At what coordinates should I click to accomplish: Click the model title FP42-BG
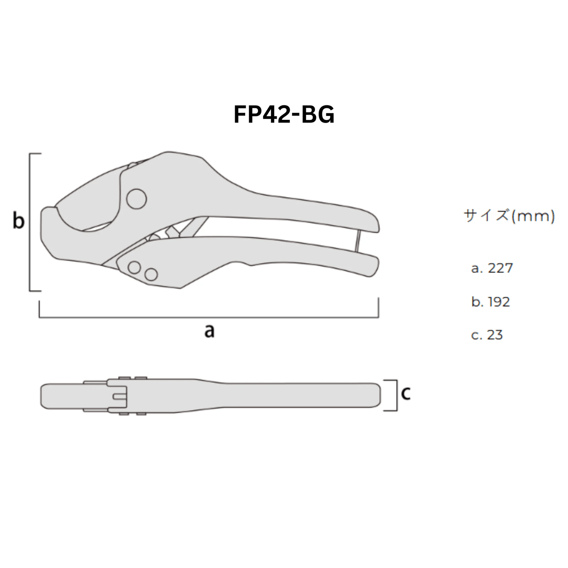coord(284,114)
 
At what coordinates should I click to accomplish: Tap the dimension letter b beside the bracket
coord(18,221)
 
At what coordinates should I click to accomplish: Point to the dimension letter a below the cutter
coord(210,331)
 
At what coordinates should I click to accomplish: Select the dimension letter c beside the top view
coord(406,393)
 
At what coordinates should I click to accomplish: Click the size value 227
coord(500,268)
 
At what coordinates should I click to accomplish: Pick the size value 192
coord(499,302)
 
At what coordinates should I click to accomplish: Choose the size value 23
coord(495,335)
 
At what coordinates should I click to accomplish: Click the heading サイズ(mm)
coord(509,216)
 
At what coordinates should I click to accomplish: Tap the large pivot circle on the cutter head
coord(136,199)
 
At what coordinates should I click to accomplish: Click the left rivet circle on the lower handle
coord(134,267)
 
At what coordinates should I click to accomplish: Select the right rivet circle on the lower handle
coord(151,274)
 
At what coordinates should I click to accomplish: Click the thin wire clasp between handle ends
coord(358,241)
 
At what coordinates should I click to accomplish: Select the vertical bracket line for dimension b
coord(30,222)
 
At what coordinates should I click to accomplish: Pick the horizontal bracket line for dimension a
coord(208,317)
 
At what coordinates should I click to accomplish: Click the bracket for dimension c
coord(396,395)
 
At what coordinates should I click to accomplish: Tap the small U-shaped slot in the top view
coord(119,396)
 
